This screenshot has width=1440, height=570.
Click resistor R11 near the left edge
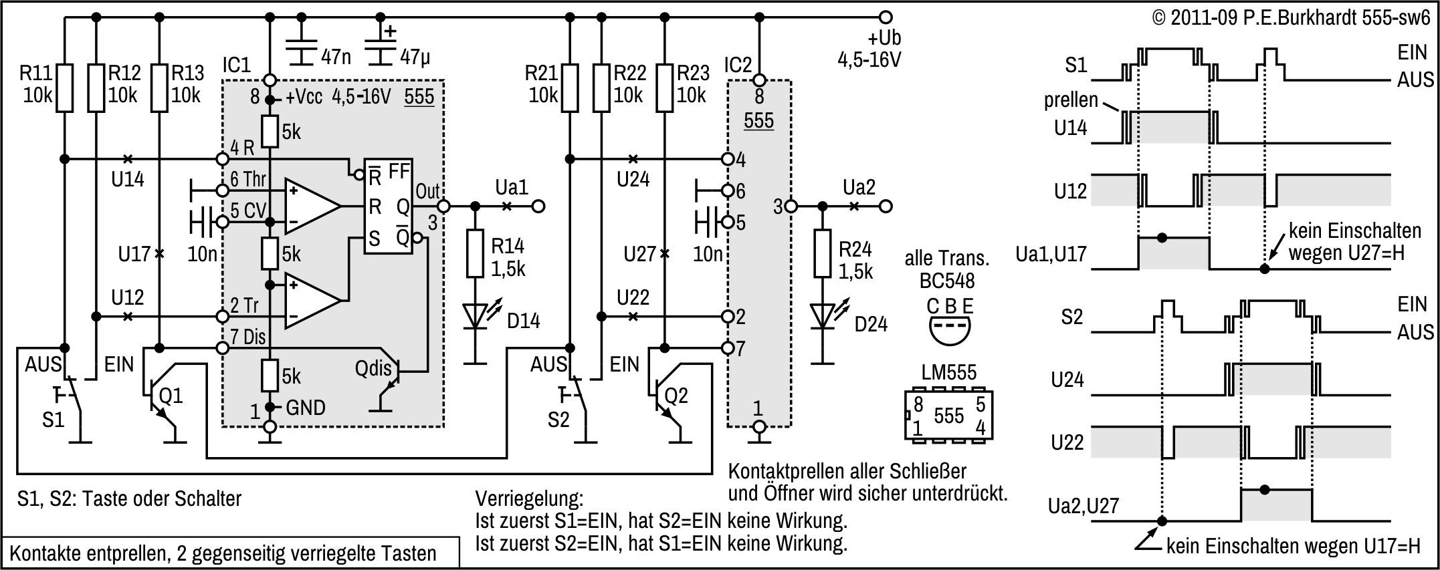64,88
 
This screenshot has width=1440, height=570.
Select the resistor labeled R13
159,88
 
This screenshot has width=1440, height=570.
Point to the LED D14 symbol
476,316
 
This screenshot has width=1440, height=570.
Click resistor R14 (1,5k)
476,253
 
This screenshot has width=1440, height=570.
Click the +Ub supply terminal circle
886,17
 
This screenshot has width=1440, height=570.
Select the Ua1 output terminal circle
538,206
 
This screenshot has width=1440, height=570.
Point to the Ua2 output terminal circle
886,206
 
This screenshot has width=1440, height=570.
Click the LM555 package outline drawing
948,415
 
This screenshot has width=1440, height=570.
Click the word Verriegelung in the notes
529,499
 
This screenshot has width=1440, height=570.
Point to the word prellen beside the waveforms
1071,100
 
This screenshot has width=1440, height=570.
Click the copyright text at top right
1291,17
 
